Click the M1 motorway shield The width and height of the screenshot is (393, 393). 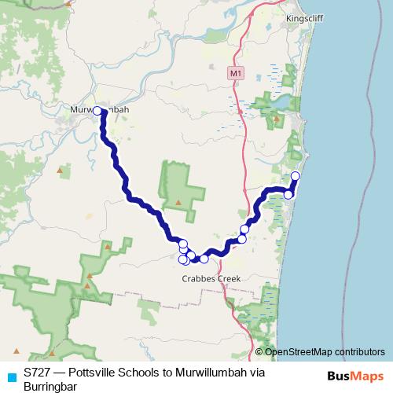(237, 73)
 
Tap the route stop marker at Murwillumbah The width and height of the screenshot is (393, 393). (98, 112)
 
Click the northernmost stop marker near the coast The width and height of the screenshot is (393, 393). (296, 176)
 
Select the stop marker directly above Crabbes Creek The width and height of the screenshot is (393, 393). (204, 259)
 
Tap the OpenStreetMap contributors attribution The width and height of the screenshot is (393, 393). (325, 351)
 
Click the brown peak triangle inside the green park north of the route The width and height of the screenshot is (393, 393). (178, 202)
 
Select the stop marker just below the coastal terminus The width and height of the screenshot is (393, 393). (288, 194)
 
